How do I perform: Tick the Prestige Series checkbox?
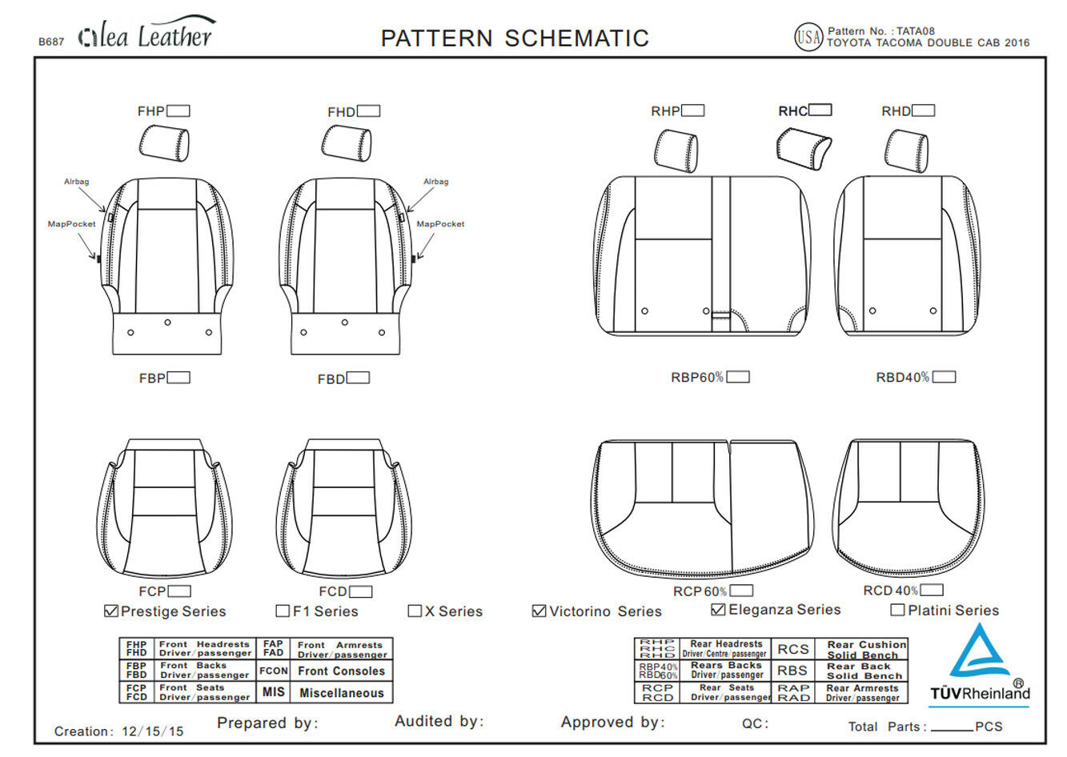pos(111,611)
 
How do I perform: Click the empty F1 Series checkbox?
pos(282,611)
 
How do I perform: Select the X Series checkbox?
pos(415,611)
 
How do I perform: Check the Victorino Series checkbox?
pos(539,611)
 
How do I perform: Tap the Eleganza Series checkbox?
pos(718,609)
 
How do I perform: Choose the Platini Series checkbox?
pos(897,610)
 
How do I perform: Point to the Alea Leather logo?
pos(147,35)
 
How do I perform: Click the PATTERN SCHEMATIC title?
pos(515,38)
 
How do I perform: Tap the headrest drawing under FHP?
pos(164,144)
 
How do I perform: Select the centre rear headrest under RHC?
pos(805,150)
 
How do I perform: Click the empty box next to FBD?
pos(358,378)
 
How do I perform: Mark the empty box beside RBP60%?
pos(738,377)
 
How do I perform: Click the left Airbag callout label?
pos(77,182)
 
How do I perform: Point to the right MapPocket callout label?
pos(440,224)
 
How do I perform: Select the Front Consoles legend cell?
pos(341,671)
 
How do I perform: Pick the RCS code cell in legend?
pos(792,649)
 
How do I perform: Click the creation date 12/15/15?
pos(153,731)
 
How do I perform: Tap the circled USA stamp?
pos(808,37)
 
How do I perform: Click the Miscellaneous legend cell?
pos(341,692)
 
